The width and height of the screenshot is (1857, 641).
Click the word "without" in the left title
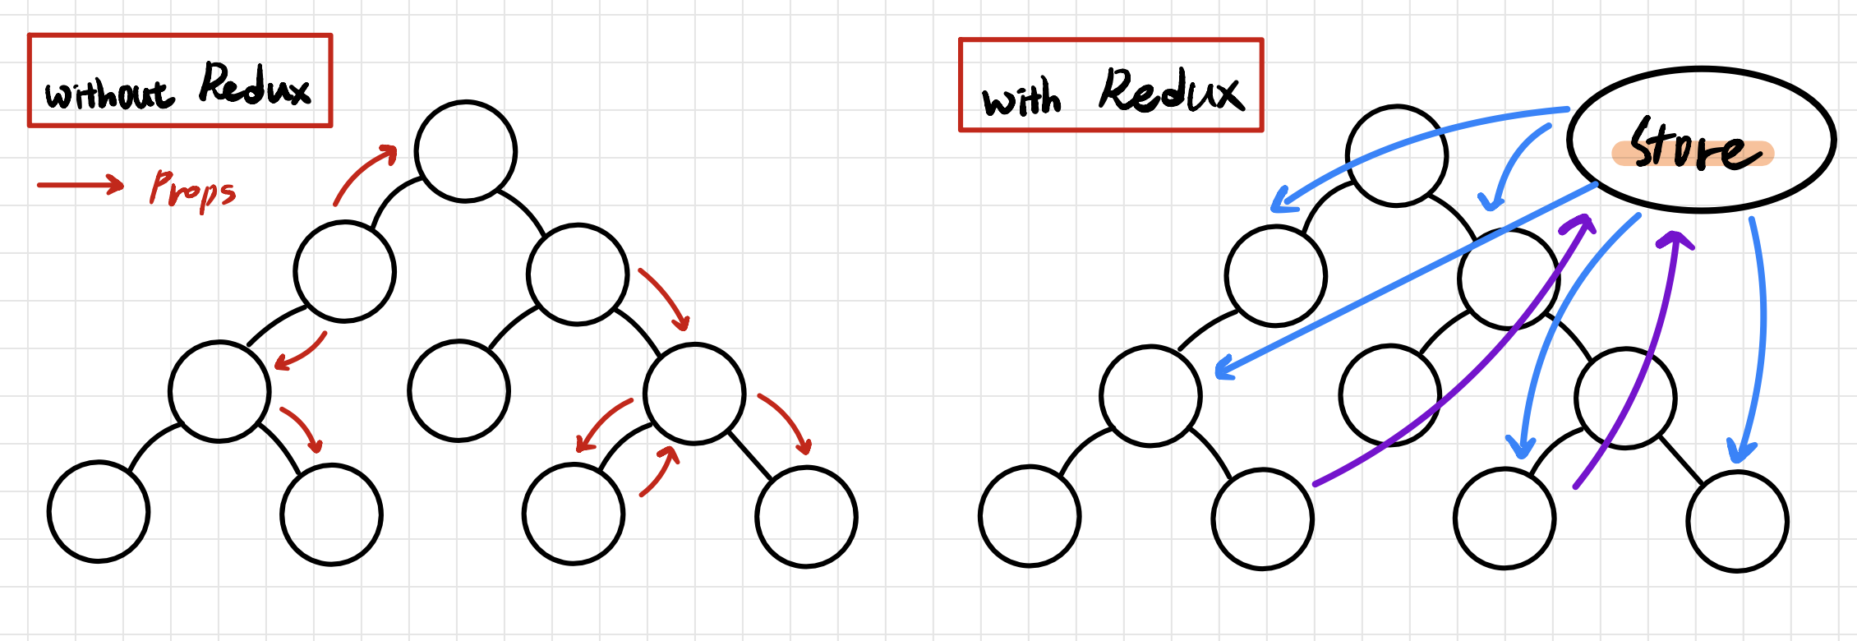pyautogui.click(x=109, y=95)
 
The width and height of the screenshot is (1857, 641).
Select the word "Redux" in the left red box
pyautogui.click(x=255, y=85)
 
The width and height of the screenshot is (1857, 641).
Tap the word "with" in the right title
pyautogui.click(x=1021, y=99)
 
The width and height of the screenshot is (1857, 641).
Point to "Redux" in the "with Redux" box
pyautogui.click(x=1171, y=91)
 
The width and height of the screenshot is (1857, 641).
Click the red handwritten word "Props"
pyautogui.click(x=192, y=190)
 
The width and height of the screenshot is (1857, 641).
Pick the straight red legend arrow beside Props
pyautogui.click(x=81, y=185)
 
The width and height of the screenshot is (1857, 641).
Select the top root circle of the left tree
pyautogui.click(x=466, y=151)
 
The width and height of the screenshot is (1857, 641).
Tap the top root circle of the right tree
pyautogui.click(x=1397, y=155)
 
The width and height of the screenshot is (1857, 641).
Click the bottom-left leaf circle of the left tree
pyautogui.click(x=99, y=511)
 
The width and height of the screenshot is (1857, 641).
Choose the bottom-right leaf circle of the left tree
pyautogui.click(x=806, y=517)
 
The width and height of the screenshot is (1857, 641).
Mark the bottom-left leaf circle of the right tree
pyautogui.click(x=1030, y=516)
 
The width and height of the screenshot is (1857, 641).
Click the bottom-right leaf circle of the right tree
pyautogui.click(x=1737, y=521)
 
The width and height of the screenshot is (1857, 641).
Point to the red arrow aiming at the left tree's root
pyautogui.click(x=362, y=173)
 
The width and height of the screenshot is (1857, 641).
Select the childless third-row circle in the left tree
pyautogui.click(x=458, y=390)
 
